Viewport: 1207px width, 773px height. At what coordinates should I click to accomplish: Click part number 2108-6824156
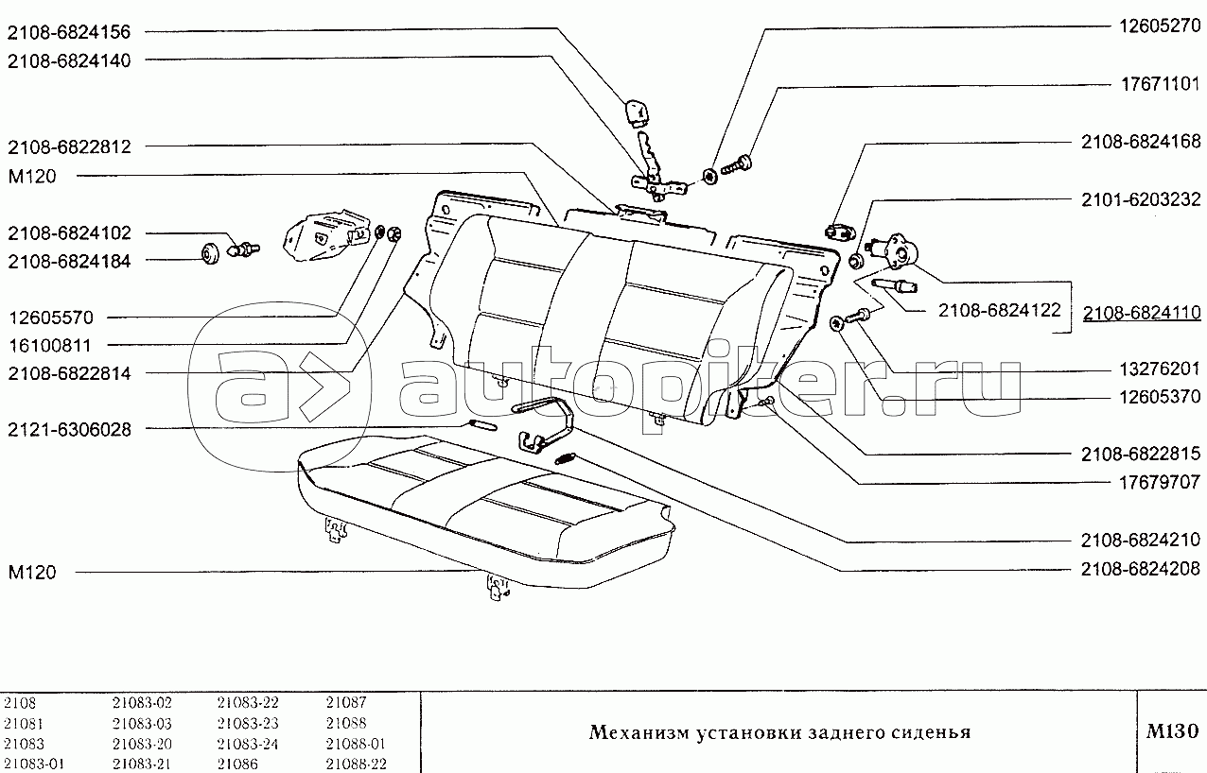[x=69, y=32]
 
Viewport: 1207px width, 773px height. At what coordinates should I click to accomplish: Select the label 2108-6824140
[x=69, y=60]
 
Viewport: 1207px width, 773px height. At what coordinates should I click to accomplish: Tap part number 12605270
[x=1159, y=26]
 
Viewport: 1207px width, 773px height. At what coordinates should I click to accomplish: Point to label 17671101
[x=1159, y=84]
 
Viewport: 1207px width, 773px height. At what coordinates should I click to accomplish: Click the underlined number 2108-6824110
[x=1142, y=313]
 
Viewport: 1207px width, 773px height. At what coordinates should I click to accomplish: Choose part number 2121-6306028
[x=69, y=430]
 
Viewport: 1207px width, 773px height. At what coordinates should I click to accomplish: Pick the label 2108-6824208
[x=1141, y=569]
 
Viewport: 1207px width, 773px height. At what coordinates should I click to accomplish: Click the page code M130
[x=1172, y=731]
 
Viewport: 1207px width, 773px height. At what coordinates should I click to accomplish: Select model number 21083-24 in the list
[x=247, y=744]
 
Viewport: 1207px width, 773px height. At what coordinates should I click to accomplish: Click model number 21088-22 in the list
[x=357, y=764]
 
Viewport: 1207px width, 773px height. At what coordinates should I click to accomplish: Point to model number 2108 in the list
[x=20, y=702]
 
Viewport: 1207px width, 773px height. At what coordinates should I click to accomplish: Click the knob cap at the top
[x=637, y=113]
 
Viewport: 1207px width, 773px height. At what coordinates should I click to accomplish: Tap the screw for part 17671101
[x=737, y=164]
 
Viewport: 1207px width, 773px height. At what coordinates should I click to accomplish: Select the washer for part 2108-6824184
[x=210, y=253]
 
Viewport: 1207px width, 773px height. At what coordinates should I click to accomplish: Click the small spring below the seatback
[x=566, y=458]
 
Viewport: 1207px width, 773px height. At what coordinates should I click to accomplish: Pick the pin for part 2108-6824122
[x=894, y=285]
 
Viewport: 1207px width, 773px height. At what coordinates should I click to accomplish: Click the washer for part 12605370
[x=836, y=324]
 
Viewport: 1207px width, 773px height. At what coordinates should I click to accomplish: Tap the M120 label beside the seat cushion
[x=32, y=573]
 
